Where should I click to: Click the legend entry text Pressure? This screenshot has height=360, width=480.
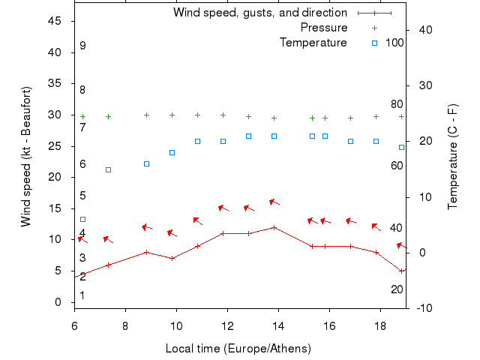point(323,28)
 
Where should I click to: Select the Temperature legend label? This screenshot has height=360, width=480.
point(313,43)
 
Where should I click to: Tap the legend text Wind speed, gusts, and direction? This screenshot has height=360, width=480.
point(259,13)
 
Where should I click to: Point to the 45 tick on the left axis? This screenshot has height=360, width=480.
point(55,21)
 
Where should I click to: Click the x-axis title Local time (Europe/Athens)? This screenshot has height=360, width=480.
point(238,349)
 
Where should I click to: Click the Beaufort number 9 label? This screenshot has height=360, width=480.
point(82,46)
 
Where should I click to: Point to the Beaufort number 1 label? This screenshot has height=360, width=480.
point(82,295)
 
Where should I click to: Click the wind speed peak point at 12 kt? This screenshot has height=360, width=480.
point(274,227)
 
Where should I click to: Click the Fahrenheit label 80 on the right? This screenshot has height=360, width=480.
point(397,104)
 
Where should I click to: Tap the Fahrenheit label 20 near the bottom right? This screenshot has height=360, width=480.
point(397,289)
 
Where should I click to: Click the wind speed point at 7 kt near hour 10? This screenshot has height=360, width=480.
point(172,258)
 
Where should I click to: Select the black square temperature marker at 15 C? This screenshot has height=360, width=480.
point(108,169)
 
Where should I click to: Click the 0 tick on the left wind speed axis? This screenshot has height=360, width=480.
point(58,302)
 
